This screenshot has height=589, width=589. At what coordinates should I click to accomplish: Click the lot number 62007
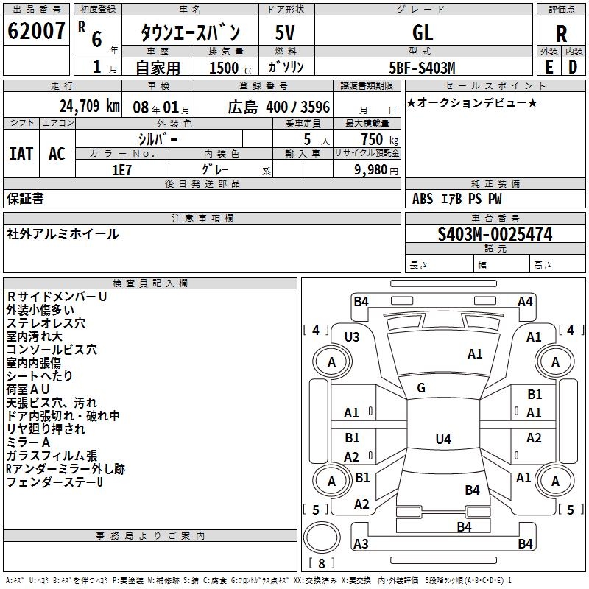click(36, 32)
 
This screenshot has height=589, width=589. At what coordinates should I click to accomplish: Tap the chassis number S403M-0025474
click(495, 235)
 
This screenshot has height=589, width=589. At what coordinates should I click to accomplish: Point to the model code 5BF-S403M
click(423, 67)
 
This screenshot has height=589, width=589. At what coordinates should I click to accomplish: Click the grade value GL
click(423, 33)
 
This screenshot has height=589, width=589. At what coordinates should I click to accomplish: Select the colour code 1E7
click(121, 169)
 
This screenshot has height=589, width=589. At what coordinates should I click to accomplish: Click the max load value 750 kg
click(373, 139)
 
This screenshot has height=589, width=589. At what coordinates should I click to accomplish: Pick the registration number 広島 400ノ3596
click(279, 106)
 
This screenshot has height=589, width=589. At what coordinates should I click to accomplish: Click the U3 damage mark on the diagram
click(352, 336)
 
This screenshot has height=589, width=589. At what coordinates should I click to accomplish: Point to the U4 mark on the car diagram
click(442, 440)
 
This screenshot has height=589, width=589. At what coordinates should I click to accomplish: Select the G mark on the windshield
click(421, 387)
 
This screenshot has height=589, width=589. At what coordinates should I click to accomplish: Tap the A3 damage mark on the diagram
click(361, 543)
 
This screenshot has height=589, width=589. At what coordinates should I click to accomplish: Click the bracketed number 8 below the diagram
click(322, 563)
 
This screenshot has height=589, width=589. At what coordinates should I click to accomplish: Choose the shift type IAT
click(21, 154)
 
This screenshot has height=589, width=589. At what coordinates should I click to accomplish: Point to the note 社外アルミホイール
click(63, 234)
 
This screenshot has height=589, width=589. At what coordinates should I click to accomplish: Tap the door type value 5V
click(286, 33)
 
